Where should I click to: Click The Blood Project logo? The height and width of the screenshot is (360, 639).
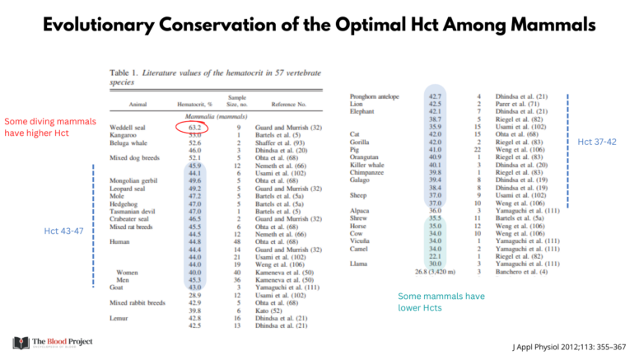tap(53, 342)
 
